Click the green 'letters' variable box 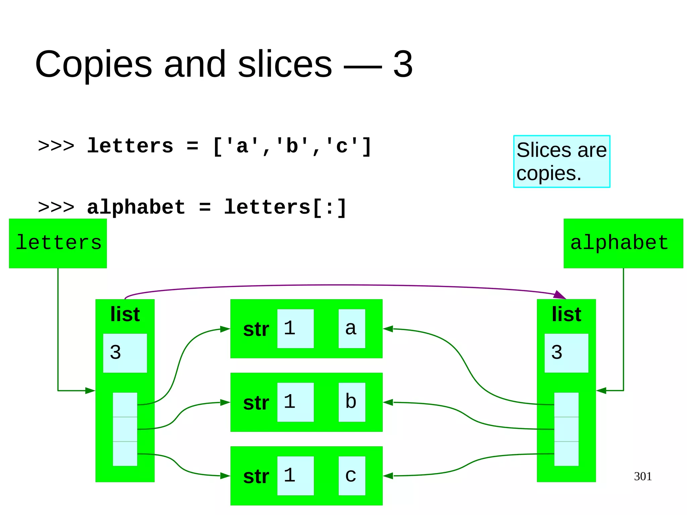pos(58,243)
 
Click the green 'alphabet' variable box pos(623,243)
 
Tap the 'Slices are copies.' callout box pos(562,161)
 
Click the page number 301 pos(643,476)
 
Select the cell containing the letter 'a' pos(352,328)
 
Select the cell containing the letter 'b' pos(352,402)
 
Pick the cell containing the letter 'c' pos(352,475)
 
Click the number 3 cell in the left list pos(125,353)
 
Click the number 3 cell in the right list pos(566,353)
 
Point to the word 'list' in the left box pos(125,314)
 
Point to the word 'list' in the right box pos(566,314)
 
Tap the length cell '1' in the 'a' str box pos(295,328)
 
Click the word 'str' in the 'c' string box pos(256,476)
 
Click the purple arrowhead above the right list pos(560,295)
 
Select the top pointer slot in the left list pos(125,405)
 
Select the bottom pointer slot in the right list pos(566,454)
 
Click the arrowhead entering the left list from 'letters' pos(90,391)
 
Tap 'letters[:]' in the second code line pos(285,207)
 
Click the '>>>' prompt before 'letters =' pos(56,146)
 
